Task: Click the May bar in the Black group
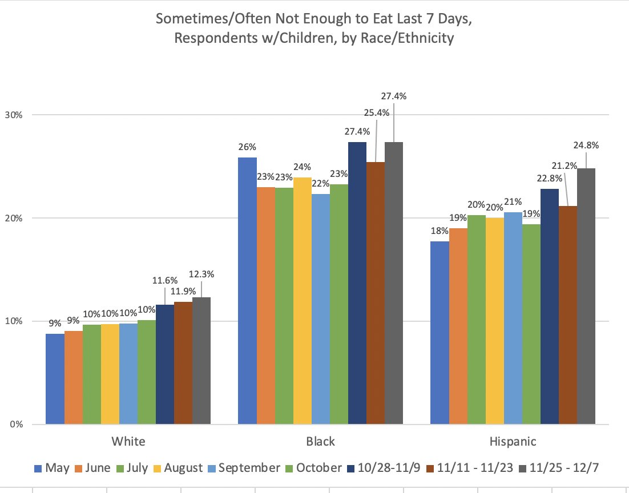247,291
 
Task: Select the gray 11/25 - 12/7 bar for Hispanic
586,296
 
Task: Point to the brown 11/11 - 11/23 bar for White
183,363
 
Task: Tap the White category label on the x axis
128,442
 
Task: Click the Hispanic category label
513,442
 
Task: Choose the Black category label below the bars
320,442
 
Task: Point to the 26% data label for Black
247,147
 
